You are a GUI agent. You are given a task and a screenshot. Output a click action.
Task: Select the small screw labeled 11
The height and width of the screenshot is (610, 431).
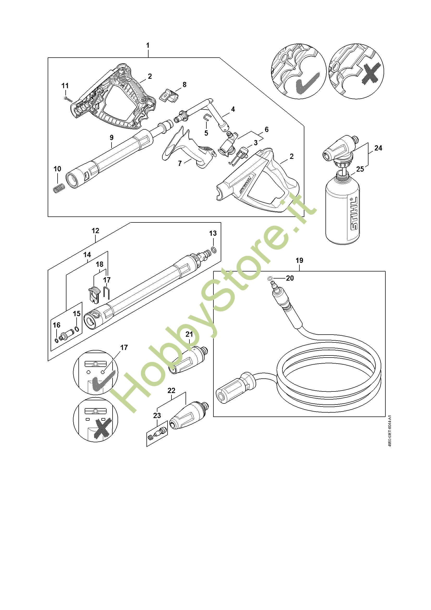coord(68,99)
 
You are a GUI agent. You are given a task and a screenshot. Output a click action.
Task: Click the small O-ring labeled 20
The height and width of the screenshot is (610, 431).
coord(270,279)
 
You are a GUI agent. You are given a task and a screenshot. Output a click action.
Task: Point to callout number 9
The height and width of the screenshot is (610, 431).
coord(112,137)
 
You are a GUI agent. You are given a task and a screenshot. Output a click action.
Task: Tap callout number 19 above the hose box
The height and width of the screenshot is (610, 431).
coord(299,260)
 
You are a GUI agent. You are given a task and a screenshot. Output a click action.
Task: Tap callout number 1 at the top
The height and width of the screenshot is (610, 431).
coord(148,45)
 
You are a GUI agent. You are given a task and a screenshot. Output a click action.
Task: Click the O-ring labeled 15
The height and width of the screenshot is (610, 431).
coord(77,329)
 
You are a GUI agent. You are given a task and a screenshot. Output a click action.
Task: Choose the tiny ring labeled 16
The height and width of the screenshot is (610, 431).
coord(57,340)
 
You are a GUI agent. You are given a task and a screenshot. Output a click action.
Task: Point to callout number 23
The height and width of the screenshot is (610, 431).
coord(157,415)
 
